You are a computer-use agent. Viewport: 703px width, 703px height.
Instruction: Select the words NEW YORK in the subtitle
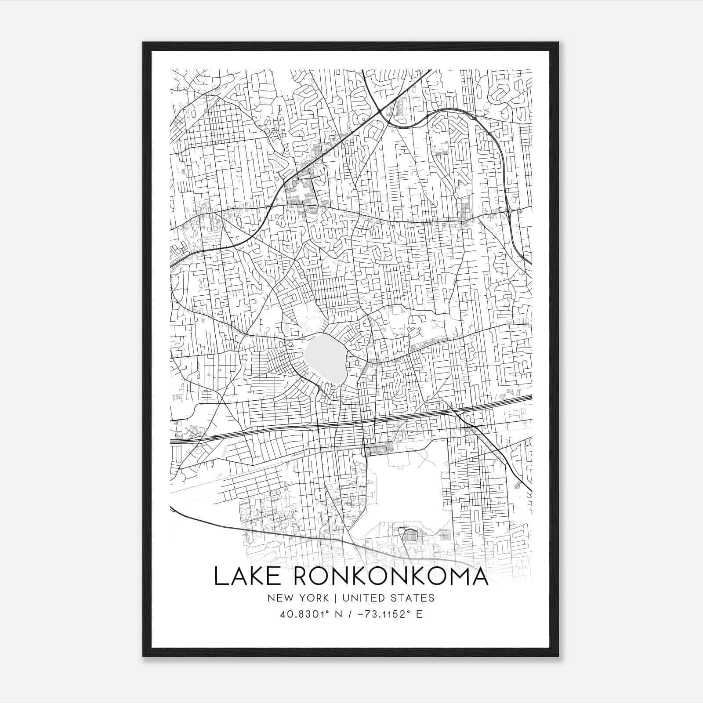click(x=297, y=598)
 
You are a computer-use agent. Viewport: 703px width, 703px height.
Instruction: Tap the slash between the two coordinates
click(x=350, y=614)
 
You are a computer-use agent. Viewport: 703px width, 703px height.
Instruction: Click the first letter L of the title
click(x=220, y=576)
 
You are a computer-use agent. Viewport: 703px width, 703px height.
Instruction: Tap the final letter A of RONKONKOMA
click(x=478, y=576)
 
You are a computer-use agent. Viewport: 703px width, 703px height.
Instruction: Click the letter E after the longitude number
click(x=420, y=614)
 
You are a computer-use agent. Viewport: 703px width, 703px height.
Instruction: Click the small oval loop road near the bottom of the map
click(x=410, y=534)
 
